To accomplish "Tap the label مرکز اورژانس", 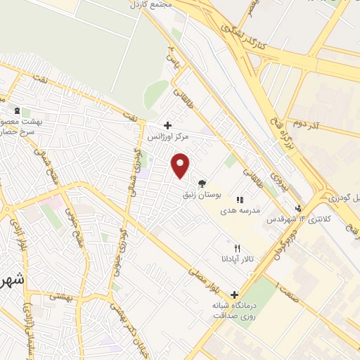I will pos(167,137).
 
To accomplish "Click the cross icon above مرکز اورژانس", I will pos(167,125).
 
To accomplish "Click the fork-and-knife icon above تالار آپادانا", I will pos(237,248).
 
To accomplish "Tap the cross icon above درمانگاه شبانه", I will pos(234,295).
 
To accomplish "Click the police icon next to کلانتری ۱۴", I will pos(298,208).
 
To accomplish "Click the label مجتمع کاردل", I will pos(150,5).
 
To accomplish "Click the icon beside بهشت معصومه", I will pos(16,112).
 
